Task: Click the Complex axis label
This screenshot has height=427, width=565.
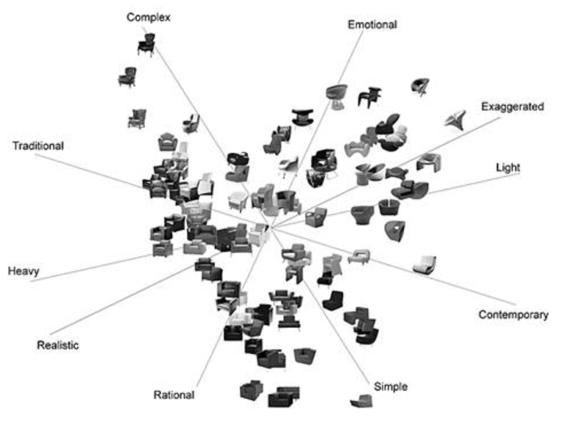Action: pyautogui.click(x=148, y=17)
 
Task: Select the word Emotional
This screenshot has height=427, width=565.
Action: pyautogui.click(x=372, y=24)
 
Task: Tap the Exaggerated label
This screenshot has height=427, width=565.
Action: pyautogui.click(x=512, y=107)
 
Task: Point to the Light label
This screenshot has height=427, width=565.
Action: pyautogui.click(x=508, y=168)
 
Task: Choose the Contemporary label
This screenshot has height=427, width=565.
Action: pyautogui.click(x=513, y=315)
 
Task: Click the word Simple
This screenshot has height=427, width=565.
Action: pyautogui.click(x=390, y=387)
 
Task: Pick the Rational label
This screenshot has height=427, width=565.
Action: pyautogui.click(x=174, y=395)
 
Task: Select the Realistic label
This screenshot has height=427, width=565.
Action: pyautogui.click(x=57, y=345)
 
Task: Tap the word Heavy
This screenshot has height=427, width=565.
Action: pyautogui.click(x=24, y=271)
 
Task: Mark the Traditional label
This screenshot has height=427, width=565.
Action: pyautogui.click(x=38, y=146)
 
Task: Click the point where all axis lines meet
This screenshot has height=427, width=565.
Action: pyautogui.click(x=270, y=230)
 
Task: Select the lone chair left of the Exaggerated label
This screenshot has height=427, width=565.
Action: pyautogui.click(x=458, y=117)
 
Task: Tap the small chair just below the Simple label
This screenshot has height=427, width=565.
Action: pyautogui.click(x=362, y=401)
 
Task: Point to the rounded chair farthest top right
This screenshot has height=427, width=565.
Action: pyautogui.click(x=421, y=86)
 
